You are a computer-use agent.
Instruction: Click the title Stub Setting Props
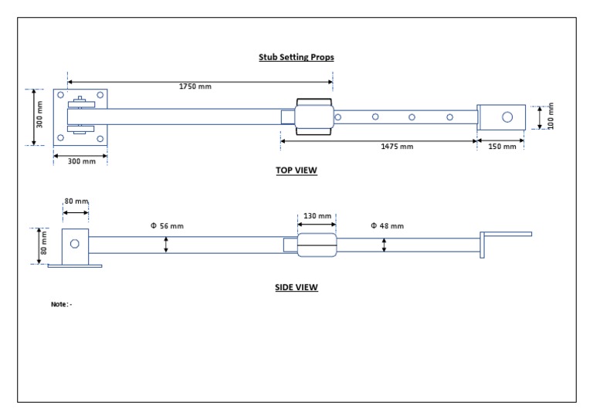pyautogui.click(x=296, y=57)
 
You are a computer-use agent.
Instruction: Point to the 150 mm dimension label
pyautogui.click(x=503, y=147)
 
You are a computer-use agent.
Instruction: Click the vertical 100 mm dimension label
pyautogui.click(x=551, y=117)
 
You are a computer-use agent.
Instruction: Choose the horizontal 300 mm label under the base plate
pyautogui.click(x=81, y=161)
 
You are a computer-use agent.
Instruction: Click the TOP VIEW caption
pyautogui.click(x=296, y=171)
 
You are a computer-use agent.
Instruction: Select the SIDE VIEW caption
pyautogui.click(x=296, y=287)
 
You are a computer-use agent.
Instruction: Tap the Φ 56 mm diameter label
pyautogui.click(x=167, y=226)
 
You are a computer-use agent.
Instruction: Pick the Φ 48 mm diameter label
pyautogui.click(x=386, y=226)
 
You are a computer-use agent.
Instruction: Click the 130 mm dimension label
pyautogui.click(x=316, y=216)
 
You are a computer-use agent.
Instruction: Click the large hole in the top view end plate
pyautogui.click(x=507, y=117)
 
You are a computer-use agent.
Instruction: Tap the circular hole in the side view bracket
pyautogui.click(x=74, y=244)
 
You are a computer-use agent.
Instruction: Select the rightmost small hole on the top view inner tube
pyautogui.click(x=449, y=117)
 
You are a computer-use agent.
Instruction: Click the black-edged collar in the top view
pyautogui.click(x=314, y=117)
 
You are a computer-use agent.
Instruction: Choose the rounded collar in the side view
pyautogui.click(x=317, y=245)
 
